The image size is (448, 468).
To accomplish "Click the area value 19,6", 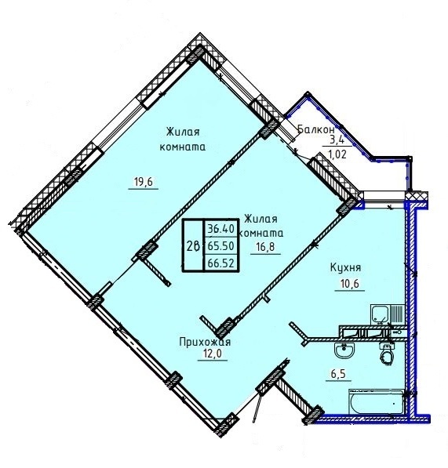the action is click(x=143, y=181).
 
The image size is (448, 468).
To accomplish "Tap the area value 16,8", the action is click(x=265, y=247).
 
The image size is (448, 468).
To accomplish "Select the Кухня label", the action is click(x=345, y=267).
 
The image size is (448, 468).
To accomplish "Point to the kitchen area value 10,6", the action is click(x=349, y=283).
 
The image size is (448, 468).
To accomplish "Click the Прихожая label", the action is click(x=205, y=342).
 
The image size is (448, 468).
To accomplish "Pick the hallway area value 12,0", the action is click(x=212, y=354).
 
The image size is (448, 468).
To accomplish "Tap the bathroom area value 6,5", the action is click(x=338, y=374).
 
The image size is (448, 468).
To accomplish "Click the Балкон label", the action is click(x=316, y=129).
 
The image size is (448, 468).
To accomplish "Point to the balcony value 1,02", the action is click(x=337, y=154).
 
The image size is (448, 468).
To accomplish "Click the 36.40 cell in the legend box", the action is click(x=220, y=229).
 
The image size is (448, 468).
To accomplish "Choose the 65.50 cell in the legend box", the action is click(x=220, y=246).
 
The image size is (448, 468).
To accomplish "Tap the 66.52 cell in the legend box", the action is click(x=220, y=263).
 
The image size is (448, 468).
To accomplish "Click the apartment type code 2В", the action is click(x=193, y=246).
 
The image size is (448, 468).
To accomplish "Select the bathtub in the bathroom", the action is click(x=377, y=401).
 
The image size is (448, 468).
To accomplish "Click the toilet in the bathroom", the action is click(x=387, y=354).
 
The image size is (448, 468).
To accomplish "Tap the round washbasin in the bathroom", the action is click(x=344, y=350).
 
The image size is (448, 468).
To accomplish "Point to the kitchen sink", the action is click(x=379, y=314).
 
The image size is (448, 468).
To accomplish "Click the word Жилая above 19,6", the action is click(x=183, y=132).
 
